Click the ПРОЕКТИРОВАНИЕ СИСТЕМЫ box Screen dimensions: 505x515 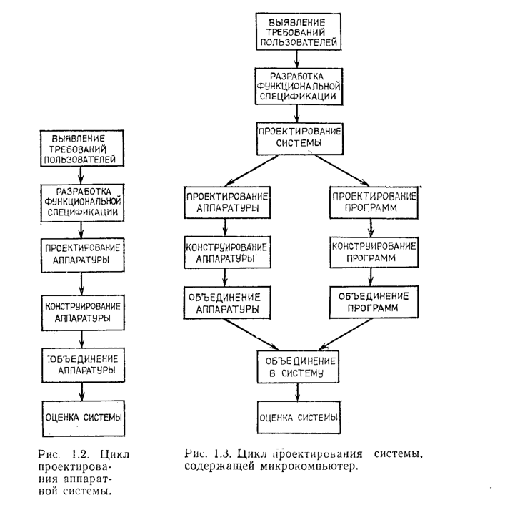(x=300, y=139)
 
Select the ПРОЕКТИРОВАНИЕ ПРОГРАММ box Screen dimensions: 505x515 (x=374, y=202)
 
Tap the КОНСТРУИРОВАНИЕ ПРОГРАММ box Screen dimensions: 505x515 (x=374, y=252)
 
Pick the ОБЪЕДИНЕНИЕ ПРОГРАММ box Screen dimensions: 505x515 (x=374, y=302)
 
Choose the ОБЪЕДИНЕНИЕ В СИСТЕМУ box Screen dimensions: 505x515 (x=298, y=367)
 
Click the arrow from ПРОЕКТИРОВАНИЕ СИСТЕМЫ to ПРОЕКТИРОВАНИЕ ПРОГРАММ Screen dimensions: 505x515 (x=341, y=170)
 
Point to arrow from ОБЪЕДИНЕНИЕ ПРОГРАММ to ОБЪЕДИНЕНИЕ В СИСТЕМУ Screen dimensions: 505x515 (x=346, y=334)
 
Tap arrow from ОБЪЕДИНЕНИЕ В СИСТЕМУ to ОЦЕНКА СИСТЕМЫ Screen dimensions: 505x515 (x=297, y=392)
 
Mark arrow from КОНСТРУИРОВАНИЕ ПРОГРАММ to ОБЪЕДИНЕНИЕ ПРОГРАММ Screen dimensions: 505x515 (x=371, y=277)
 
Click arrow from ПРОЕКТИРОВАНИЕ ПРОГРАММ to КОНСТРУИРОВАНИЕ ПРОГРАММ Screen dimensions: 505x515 (x=371, y=227)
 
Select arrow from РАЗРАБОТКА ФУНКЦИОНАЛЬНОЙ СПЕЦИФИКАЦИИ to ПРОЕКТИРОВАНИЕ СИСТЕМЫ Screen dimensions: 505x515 (x=297, y=114)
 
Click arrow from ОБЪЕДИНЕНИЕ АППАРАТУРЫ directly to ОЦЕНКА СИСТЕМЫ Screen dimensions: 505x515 (x=82, y=391)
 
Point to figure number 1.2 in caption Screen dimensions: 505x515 (x=80, y=455)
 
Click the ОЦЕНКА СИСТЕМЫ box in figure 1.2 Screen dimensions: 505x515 (x=84, y=418)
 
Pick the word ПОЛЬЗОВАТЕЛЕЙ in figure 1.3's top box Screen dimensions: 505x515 (x=299, y=42)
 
